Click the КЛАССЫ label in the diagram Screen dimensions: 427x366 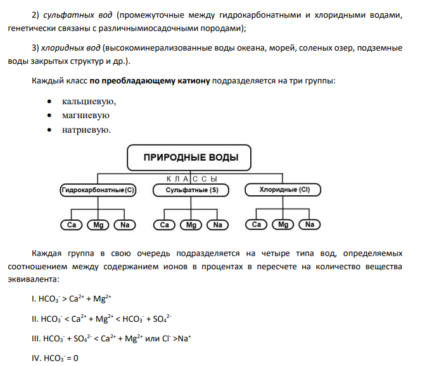[x=192, y=179]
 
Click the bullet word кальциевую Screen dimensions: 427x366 [x=89, y=102]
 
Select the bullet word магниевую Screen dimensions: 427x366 [x=86, y=116]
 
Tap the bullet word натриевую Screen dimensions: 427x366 [x=86, y=130]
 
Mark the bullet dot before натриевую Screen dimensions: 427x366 [x=49, y=130]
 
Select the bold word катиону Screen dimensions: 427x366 [x=194, y=81]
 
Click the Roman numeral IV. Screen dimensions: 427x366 [x=35, y=358]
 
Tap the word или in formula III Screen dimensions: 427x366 [x=153, y=339]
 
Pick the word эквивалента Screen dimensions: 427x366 [x=34, y=279]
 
